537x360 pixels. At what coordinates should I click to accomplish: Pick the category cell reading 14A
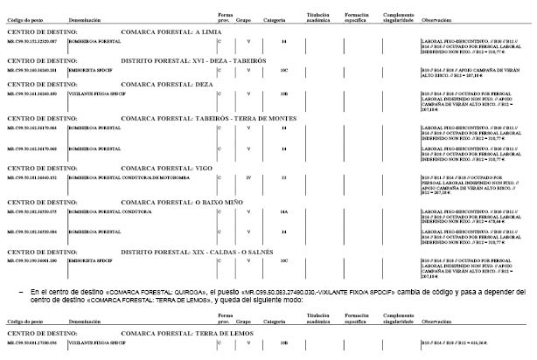tap(283, 211)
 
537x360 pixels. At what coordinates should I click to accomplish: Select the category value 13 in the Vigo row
tap(283, 177)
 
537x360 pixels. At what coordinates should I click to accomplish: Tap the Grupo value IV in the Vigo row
tap(248, 177)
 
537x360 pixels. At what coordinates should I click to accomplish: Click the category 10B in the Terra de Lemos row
tap(283, 343)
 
